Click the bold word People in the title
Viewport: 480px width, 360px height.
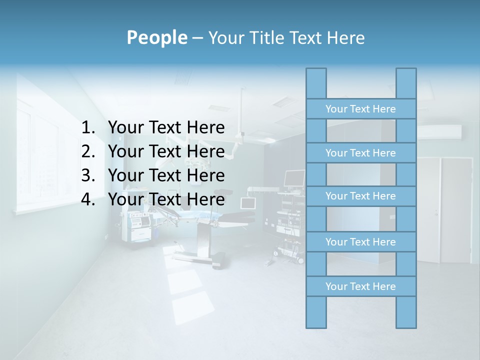[156, 37]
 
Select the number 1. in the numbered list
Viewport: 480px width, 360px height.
[88, 128]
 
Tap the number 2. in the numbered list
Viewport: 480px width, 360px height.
[88, 152]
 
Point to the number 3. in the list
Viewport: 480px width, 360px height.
[88, 176]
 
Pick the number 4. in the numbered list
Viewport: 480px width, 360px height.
[88, 200]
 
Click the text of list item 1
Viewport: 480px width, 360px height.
[166, 128]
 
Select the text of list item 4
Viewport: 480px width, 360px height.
[166, 200]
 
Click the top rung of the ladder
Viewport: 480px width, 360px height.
[360, 109]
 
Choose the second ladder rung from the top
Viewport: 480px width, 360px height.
[360, 153]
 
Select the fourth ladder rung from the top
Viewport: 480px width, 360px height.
[360, 242]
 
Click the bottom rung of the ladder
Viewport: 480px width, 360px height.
[360, 286]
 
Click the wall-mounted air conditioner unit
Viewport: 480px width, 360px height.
[440, 131]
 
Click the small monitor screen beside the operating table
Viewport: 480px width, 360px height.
[248, 203]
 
